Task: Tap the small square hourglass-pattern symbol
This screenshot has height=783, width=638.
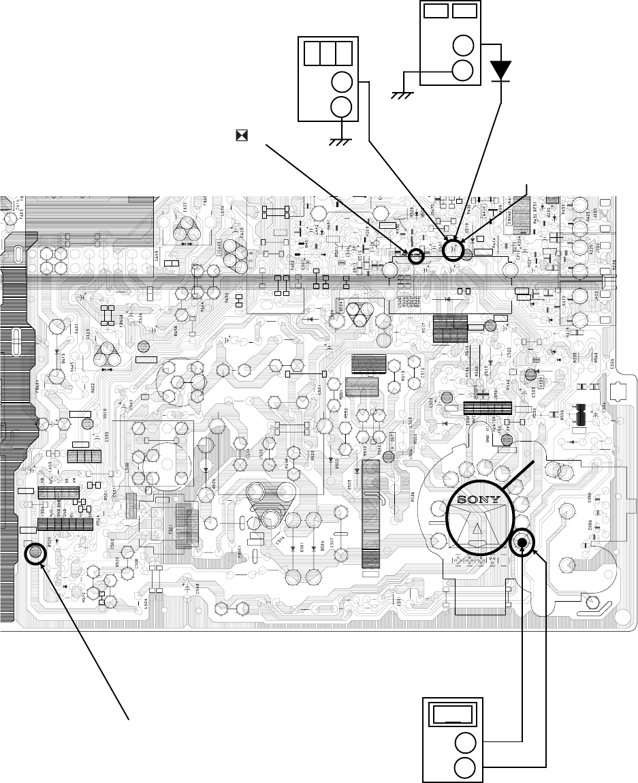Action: click(240, 136)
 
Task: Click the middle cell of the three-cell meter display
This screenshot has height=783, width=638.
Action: click(329, 53)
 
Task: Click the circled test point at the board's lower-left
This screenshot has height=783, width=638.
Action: click(34, 552)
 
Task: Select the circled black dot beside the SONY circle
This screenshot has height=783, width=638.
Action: click(522, 542)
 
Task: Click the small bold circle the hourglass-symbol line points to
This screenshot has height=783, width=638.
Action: click(415, 256)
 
